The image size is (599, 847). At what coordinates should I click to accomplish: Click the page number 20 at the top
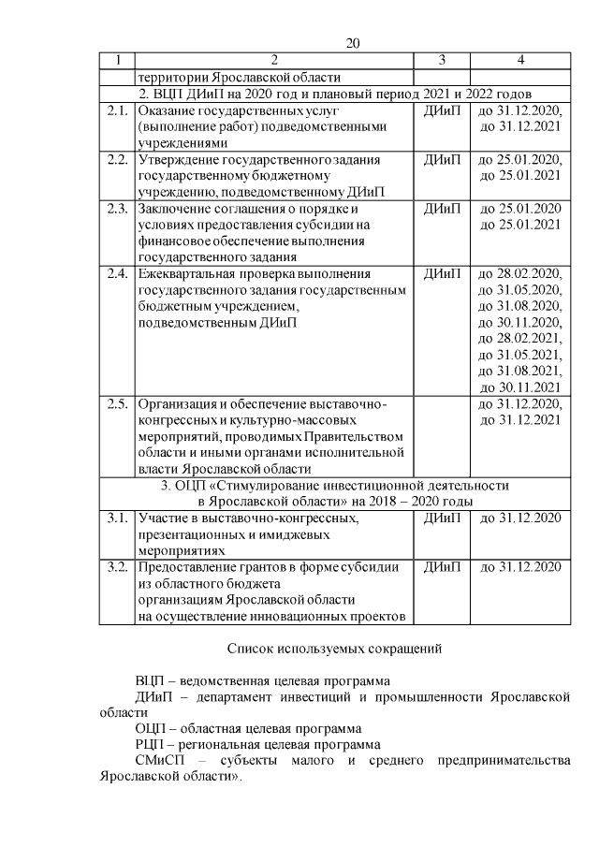pos(353,43)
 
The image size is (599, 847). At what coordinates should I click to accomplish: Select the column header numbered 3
pos(441,60)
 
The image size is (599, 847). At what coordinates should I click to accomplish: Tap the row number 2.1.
pos(117,110)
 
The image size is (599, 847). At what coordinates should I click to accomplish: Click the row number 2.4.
pos(117,273)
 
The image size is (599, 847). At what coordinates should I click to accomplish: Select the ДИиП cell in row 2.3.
pos(441,208)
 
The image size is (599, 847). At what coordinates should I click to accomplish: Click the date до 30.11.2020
pos(519,322)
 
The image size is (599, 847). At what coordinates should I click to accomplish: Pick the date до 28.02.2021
pos(519,338)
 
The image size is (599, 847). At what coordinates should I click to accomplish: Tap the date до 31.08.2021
pos(519,371)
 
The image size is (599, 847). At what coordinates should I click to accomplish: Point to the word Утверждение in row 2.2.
pos(178,159)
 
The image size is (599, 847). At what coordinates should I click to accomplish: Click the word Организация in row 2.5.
pos(178,403)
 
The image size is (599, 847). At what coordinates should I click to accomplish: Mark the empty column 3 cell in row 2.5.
pos(441,436)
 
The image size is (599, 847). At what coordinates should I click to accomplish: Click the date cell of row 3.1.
pos(519,518)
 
